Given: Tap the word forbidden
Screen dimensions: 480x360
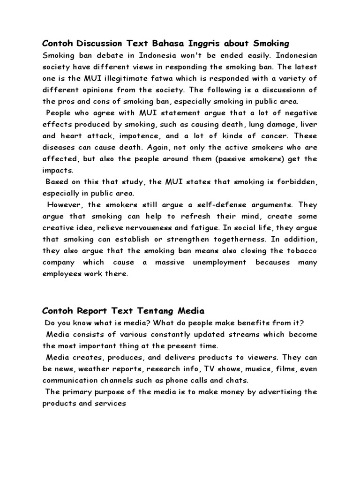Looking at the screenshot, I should point(295,181).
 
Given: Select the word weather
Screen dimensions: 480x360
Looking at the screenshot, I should point(96,369).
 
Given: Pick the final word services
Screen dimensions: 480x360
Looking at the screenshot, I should point(109,403).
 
